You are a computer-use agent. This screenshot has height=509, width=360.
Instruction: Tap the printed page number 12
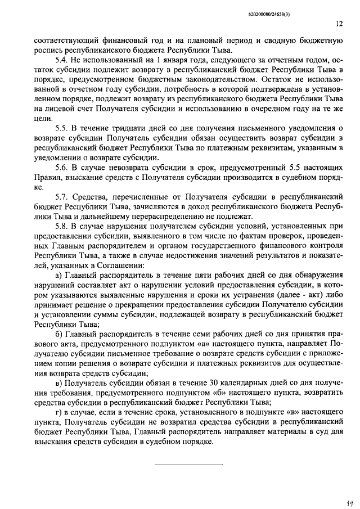[339, 24]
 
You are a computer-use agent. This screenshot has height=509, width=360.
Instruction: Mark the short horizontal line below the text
[188, 464]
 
